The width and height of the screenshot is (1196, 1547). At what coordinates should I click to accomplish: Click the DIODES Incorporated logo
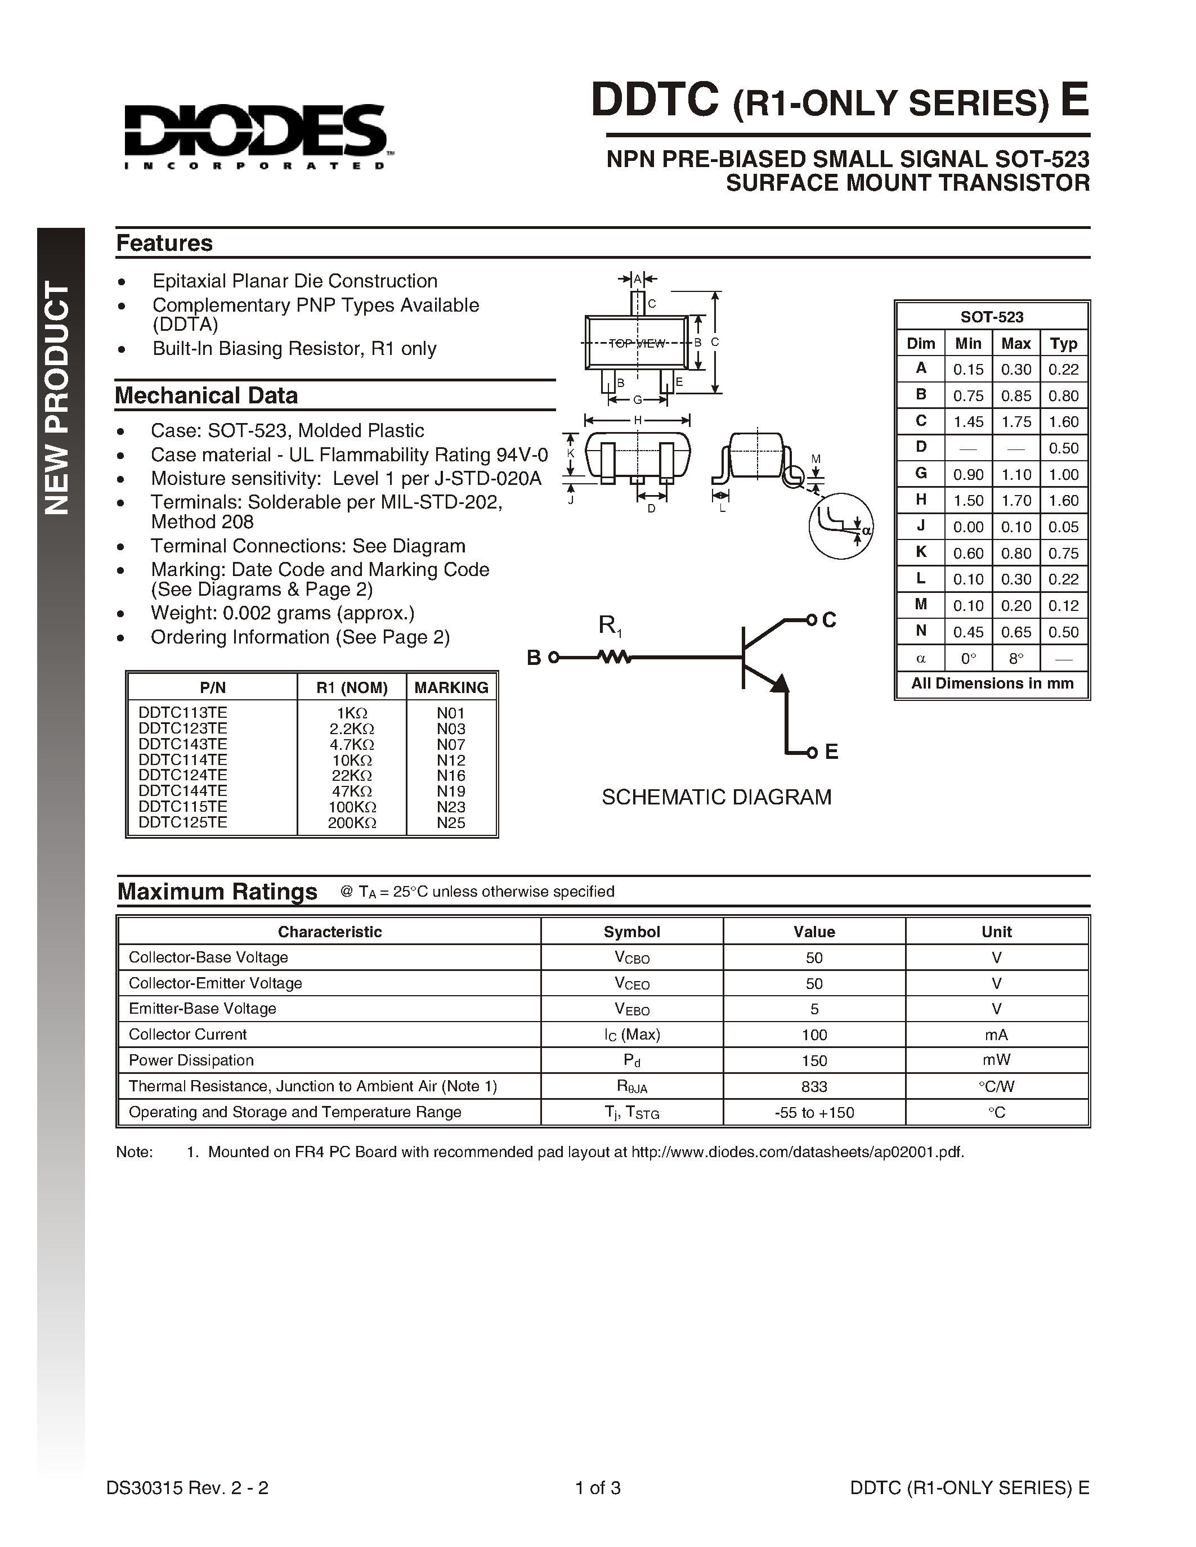(x=255, y=137)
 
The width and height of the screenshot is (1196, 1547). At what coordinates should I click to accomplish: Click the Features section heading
(x=164, y=243)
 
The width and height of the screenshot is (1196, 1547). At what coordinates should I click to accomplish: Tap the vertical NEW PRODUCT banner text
(x=59, y=398)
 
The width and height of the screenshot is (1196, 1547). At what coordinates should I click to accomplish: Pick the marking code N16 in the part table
(x=451, y=776)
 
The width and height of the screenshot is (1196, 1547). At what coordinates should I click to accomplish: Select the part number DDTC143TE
(x=183, y=744)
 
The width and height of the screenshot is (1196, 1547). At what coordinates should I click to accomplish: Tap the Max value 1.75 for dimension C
(x=1015, y=421)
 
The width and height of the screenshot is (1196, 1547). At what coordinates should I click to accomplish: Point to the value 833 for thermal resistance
(x=813, y=1086)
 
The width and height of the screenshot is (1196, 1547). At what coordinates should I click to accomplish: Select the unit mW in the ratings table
(x=996, y=1060)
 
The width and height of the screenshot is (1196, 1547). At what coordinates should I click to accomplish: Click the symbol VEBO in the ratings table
(x=631, y=1009)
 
